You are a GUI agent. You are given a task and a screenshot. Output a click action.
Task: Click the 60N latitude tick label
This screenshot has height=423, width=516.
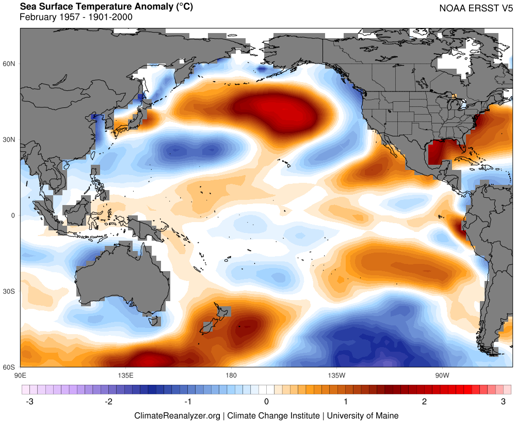click(10, 64)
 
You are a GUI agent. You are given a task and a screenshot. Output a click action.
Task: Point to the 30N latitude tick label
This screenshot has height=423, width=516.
click(10, 140)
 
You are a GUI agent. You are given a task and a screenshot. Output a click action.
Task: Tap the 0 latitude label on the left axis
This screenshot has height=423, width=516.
click(14, 215)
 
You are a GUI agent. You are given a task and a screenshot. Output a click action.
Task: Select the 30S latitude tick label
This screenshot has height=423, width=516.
click(10, 291)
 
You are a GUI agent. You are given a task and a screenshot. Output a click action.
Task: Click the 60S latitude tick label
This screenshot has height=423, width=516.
click(10, 367)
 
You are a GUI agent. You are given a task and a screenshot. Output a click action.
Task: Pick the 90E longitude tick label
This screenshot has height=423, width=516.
click(21, 374)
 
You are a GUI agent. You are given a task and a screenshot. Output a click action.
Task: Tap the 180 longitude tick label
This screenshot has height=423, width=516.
click(231, 374)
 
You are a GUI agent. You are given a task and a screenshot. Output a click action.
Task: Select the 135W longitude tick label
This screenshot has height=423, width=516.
click(336, 374)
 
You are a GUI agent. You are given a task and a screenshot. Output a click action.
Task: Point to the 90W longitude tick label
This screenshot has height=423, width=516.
click(441, 374)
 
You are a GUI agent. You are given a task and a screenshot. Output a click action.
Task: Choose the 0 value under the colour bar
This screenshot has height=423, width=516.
click(266, 402)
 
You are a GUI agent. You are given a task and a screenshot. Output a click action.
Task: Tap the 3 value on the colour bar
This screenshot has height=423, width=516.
click(504, 402)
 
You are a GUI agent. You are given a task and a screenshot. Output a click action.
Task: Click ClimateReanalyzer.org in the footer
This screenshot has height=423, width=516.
click(178, 415)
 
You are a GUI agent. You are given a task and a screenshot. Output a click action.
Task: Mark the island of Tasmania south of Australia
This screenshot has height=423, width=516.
click(154, 321)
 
